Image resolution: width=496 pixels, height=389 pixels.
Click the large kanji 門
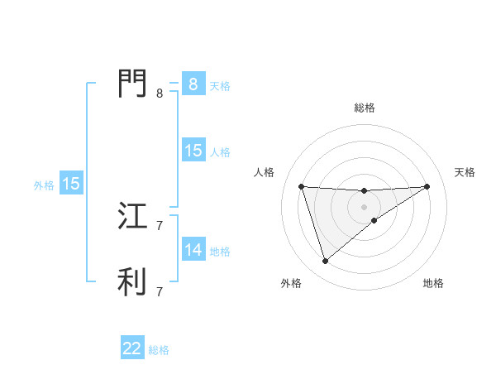coord(133,84)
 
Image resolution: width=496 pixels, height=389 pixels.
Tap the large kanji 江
coord(133,217)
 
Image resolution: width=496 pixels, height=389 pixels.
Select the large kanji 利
coord(133,281)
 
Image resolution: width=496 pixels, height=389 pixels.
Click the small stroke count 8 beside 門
coord(160,94)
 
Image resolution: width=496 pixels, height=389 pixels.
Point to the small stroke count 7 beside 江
coord(160,225)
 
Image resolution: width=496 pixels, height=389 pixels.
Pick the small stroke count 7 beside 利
coord(160,291)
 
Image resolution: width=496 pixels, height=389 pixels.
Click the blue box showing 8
coord(193,84)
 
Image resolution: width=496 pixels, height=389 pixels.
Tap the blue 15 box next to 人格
coord(193,151)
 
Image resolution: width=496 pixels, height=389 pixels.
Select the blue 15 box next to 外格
coord(71,184)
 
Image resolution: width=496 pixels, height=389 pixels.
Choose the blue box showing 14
coord(193,250)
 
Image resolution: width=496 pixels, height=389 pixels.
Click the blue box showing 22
coord(132,348)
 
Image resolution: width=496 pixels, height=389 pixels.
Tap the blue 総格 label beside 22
coord(159,350)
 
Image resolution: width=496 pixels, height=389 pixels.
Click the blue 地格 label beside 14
coord(220,252)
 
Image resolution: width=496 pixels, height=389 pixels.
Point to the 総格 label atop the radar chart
coord(364,108)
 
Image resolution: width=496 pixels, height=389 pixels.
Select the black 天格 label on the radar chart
coord(465,172)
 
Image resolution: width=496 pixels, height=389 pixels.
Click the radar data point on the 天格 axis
coord(427,186)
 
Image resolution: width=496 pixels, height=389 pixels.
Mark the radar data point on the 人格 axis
coord(301,186)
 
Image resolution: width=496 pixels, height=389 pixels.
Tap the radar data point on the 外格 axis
coord(325,262)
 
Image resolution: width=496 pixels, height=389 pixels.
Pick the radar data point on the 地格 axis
coord(374,220)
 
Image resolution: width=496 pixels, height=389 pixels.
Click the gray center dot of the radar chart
coord(364,206)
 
